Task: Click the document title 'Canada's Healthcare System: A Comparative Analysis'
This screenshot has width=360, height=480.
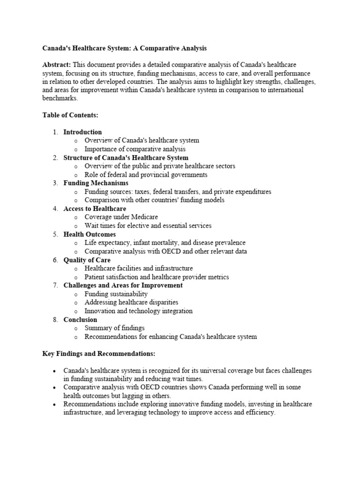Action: (124, 48)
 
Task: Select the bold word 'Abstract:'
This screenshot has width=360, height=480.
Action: (57, 65)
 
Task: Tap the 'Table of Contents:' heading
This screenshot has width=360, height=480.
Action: (70, 115)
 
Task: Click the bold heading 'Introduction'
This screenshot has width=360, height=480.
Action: (82, 132)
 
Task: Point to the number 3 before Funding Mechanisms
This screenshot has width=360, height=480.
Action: (55, 183)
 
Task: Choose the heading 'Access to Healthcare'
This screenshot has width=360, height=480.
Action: (95, 209)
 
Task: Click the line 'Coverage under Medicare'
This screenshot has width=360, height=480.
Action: (121, 217)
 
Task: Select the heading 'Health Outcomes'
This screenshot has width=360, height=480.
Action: (90, 234)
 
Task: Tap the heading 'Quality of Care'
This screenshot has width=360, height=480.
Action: (87, 260)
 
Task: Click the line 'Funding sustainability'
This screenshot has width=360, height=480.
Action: (116, 294)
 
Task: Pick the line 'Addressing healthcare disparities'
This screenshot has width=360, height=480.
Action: (131, 302)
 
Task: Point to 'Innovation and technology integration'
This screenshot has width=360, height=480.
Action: (138, 311)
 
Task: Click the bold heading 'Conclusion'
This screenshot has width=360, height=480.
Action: (80, 320)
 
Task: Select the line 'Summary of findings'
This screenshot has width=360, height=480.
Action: (114, 328)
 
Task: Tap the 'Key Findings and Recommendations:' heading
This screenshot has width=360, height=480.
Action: (98, 353)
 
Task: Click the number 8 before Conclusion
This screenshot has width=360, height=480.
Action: (55, 320)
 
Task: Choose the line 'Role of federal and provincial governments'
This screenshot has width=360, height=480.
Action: (146, 174)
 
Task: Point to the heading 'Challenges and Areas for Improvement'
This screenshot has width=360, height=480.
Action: (123, 285)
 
